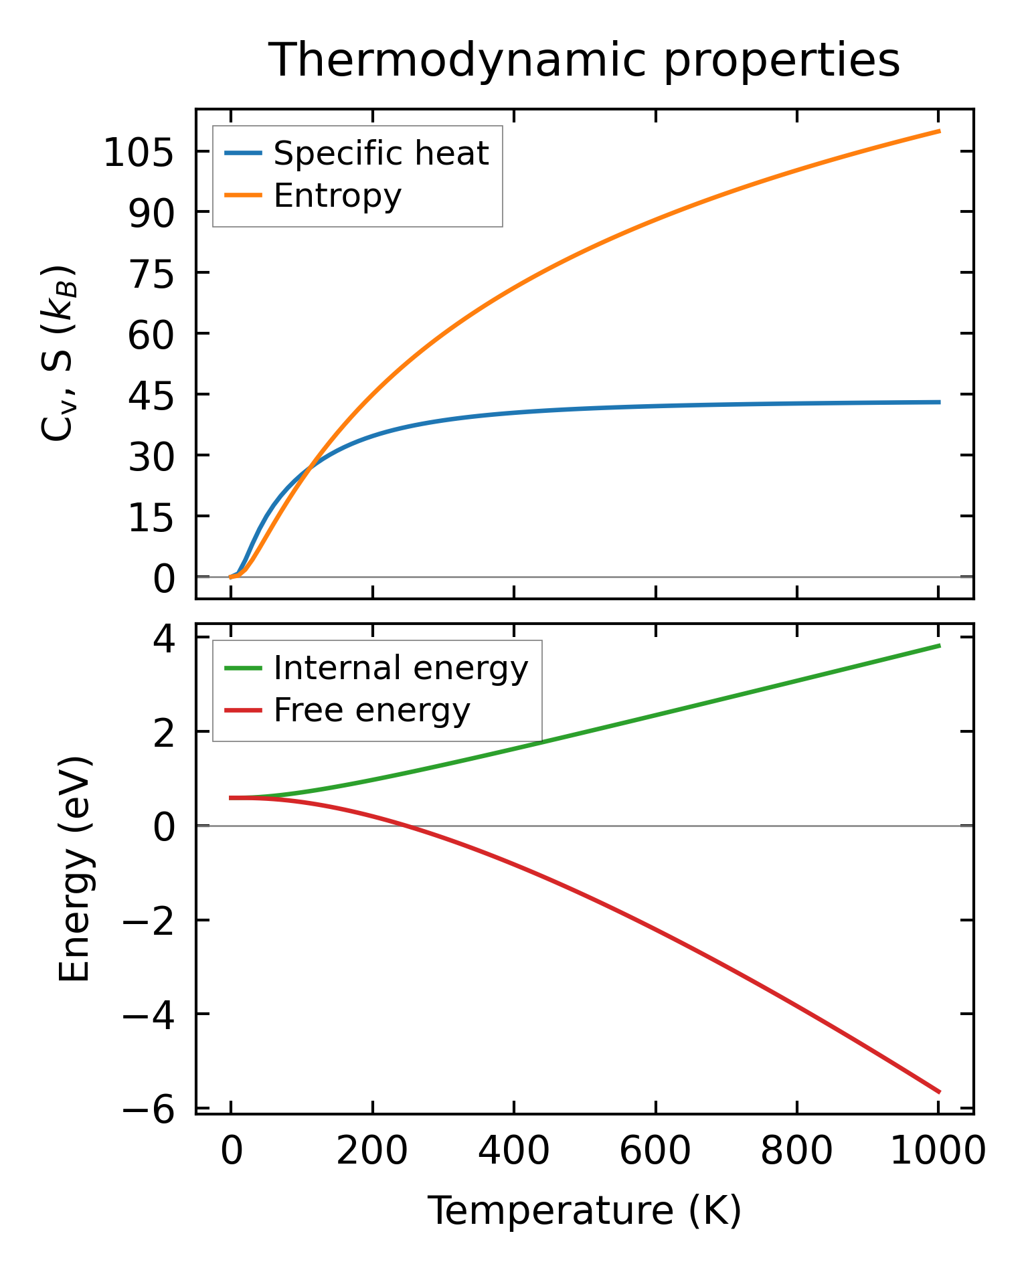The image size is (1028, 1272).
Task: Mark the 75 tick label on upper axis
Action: click(x=151, y=276)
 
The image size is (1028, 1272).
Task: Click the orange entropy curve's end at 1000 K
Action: click(x=939, y=131)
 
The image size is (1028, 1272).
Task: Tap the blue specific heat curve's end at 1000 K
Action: click(x=939, y=402)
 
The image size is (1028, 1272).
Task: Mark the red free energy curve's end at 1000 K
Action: click(x=939, y=1092)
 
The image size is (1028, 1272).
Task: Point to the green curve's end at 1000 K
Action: click(x=939, y=646)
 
